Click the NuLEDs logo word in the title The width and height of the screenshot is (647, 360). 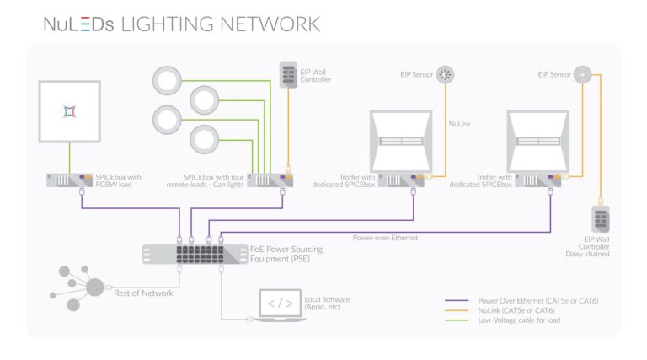[79, 24]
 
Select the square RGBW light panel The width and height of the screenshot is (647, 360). [69, 111]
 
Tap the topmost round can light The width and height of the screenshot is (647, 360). [172, 82]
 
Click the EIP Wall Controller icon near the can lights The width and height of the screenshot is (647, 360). [288, 78]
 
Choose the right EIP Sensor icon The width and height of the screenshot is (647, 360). [582, 74]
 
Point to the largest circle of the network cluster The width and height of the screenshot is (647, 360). [95, 287]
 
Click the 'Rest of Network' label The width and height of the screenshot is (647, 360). [143, 293]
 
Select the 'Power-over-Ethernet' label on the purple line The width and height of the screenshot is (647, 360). [386, 238]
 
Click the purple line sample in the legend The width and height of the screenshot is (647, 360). [458, 299]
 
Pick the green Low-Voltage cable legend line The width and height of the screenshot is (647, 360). [458, 320]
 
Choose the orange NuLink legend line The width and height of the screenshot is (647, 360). [458, 309]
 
